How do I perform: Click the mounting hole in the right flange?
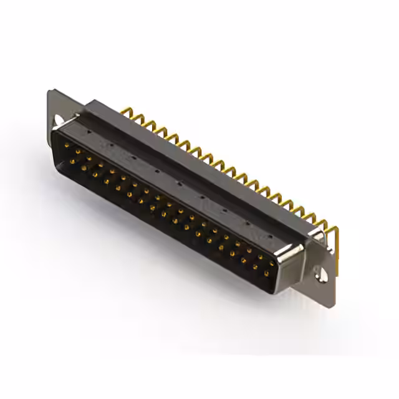[x=322, y=273]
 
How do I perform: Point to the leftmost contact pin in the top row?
[x=67, y=145]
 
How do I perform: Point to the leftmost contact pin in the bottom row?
[x=72, y=161]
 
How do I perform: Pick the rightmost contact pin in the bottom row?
[x=266, y=273]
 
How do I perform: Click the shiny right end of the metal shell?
[x=289, y=256]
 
